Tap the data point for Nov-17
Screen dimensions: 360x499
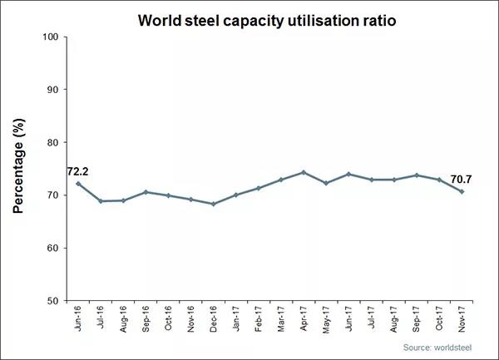(x=462, y=191)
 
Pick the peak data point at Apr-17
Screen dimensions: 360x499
(x=304, y=173)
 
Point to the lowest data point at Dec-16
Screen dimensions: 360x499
(x=215, y=204)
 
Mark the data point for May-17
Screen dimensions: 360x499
(x=327, y=183)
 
